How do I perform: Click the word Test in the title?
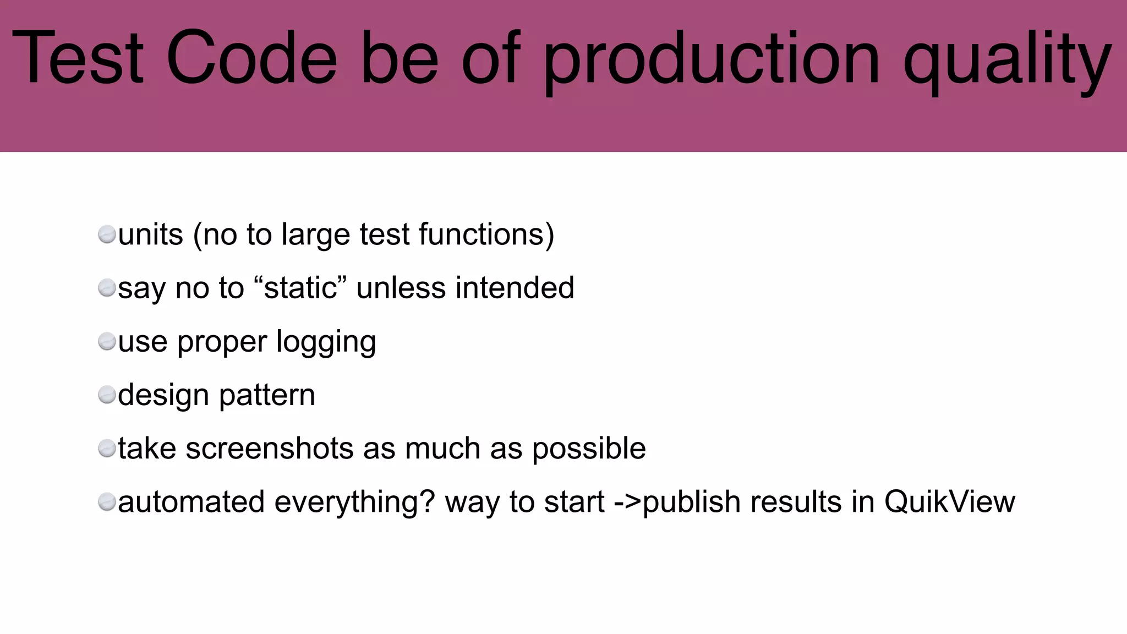(x=78, y=58)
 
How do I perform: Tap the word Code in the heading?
(x=251, y=58)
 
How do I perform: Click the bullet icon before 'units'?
(x=107, y=235)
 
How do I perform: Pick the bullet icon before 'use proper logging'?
(x=107, y=342)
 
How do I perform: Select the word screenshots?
(x=270, y=449)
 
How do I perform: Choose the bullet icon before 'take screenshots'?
(x=107, y=449)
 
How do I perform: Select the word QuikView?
(x=949, y=502)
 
